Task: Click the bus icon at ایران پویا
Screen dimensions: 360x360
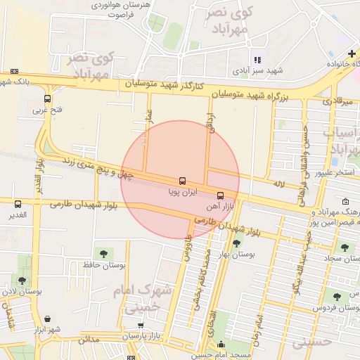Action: click(183, 181)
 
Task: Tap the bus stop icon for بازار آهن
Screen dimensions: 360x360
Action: click(221, 195)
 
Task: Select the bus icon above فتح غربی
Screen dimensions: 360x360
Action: click(47, 99)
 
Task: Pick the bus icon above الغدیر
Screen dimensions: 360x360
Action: click(18, 204)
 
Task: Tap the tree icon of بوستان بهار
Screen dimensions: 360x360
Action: click(236, 243)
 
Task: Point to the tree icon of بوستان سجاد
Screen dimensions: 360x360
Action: click(345, 247)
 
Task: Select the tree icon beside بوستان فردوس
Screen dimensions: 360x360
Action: click(337, 297)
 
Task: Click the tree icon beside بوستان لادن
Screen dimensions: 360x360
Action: click(22, 280)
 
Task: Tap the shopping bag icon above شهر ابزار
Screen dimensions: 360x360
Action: click(47, 319)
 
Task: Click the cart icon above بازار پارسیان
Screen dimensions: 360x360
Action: click(141, 326)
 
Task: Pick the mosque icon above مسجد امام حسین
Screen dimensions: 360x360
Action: click(221, 344)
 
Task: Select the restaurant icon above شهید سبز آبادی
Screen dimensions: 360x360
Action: click(257, 60)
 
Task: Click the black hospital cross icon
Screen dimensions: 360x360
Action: click(351, 53)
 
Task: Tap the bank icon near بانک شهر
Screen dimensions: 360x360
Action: click(15, 71)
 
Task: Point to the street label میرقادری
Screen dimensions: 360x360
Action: click(337, 101)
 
